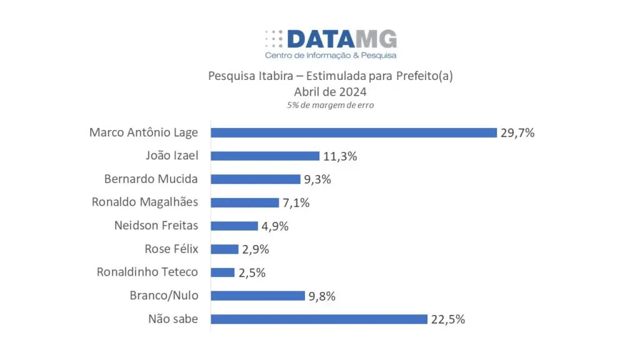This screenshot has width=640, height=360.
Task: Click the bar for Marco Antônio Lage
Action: pos(354,132)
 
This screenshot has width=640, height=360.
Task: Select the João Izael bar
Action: pos(265,156)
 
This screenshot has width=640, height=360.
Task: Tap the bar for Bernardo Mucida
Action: pos(256,179)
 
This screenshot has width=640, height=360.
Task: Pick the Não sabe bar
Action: pos(319,319)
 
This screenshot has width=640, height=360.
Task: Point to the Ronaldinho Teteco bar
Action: pos(222,272)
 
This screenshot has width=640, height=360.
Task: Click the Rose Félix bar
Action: pos(224,249)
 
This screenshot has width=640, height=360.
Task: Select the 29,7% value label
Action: pos(517,132)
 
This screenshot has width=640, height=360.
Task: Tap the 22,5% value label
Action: pos(447,319)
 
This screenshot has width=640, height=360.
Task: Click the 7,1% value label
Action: pos(296,202)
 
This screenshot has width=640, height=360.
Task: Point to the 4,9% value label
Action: pos(274,226)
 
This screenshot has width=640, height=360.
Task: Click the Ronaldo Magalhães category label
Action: pos(144,202)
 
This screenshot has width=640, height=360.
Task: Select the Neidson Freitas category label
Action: pos(156,225)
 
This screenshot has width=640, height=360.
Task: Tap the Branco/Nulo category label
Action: pos(164,295)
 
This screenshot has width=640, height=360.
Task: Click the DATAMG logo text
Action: pos(342,39)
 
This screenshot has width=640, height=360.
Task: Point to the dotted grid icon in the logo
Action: pos(274,39)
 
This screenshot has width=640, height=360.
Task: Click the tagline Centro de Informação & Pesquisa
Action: pos(331,56)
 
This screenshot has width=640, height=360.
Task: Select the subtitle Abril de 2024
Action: pos(330,91)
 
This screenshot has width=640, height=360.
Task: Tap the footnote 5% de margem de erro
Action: pos(330,105)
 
